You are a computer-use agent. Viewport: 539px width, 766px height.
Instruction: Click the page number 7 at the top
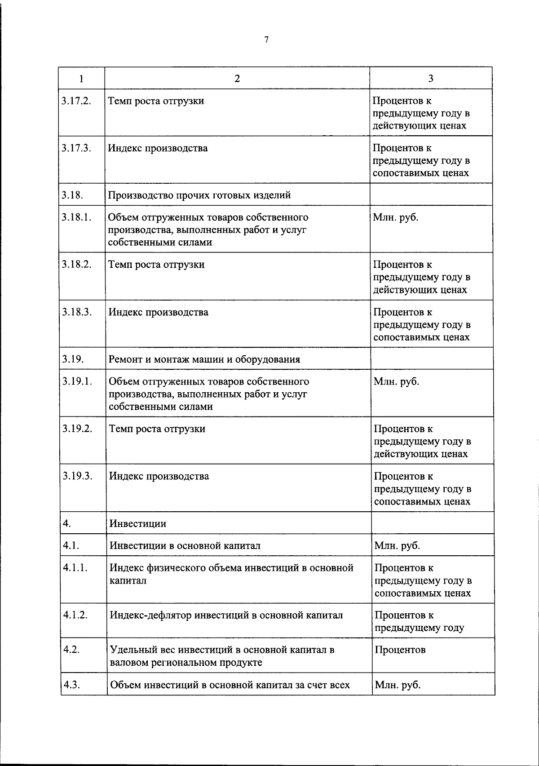tap(266, 40)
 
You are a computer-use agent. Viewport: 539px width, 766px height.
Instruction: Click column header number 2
tap(237, 79)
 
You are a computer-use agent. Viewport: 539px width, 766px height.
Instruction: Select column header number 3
tap(431, 79)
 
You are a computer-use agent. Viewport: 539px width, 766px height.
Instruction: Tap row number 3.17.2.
tap(76, 101)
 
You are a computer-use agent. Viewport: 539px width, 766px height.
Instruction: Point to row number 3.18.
tap(73, 195)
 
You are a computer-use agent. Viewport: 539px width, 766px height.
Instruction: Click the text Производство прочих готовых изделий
tap(199, 195)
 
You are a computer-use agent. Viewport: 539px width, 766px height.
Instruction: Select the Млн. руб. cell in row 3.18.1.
tap(395, 217)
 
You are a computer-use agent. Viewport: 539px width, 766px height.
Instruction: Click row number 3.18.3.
tap(77, 312)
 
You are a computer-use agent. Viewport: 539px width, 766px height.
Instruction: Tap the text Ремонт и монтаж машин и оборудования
tap(204, 359)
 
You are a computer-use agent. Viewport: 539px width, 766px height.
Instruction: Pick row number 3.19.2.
tap(77, 429)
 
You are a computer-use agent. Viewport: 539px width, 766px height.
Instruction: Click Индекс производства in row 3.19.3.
tap(159, 476)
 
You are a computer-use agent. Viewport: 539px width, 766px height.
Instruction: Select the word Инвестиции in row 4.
tap(137, 524)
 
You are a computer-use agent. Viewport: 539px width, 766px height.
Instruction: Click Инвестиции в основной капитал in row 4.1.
tap(185, 546)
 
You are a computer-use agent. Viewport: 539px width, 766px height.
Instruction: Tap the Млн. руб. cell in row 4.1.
tap(397, 546)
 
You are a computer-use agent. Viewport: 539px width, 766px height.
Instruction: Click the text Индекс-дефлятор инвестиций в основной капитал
tap(226, 615)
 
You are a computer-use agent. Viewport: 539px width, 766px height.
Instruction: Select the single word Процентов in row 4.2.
tap(400, 650)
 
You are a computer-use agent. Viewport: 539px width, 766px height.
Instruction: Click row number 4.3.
tap(72, 685)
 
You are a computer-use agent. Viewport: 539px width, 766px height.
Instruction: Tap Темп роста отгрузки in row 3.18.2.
tap(156, 265)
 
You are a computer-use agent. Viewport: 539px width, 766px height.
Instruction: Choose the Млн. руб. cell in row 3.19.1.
tap(396, 382)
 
